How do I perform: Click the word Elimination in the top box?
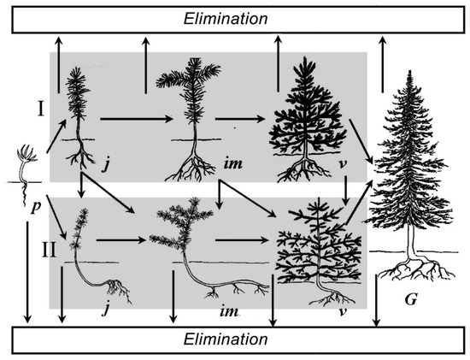coord(226,19)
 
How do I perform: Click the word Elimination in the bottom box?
coord(226,339)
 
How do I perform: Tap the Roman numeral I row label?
coord(41,109)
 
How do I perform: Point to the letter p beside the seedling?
coord(36,207)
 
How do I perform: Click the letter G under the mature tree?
coord(411,299)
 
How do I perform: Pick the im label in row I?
coord(233,163)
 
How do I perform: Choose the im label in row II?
coord(229,311)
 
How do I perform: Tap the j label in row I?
coord(105,164)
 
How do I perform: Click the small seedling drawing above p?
coord(26,174)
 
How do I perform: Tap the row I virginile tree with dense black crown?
coord(308,120)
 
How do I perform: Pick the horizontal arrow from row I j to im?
coord(137,119)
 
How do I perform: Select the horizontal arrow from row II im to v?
coord(242,240)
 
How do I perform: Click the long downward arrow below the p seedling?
coord(27,273)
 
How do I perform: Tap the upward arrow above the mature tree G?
coord(382,64)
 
